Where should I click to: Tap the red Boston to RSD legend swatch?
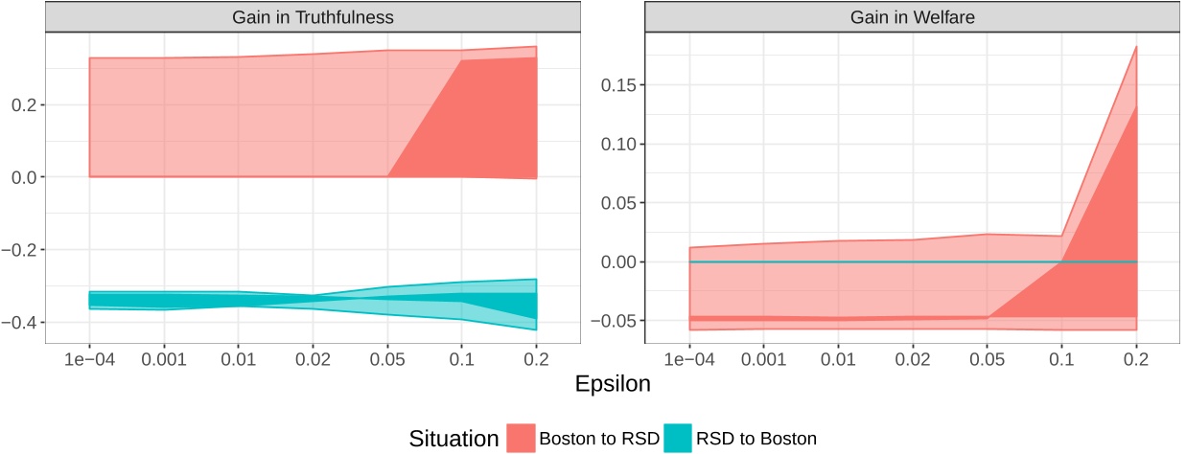tap(522, 439)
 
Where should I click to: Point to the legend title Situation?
tap(450, 439)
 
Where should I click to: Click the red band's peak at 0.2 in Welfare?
tap(1136, 46)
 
